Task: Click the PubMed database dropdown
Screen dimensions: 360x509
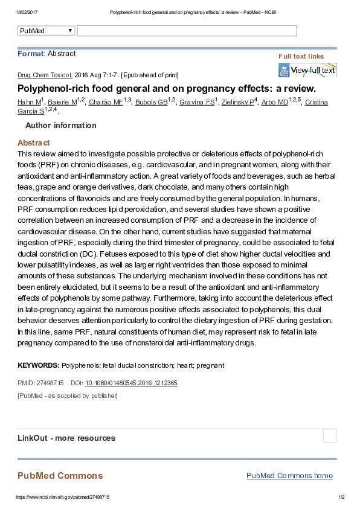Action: coord(47,31)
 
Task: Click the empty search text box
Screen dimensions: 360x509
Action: coord(187,31)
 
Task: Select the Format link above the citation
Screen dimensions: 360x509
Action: coord(30,54)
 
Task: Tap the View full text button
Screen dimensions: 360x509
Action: coord(307,71)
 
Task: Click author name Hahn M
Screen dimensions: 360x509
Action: coord(29,102)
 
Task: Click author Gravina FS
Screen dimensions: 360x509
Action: coord(196,102)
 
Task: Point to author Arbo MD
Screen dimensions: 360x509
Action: coord(274,102)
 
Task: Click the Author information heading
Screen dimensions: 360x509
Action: coord(60,126)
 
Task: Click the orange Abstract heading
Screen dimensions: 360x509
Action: coord(33,143)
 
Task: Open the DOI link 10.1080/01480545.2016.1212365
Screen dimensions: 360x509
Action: coord(131,383)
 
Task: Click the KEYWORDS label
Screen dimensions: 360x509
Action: coord(38,365)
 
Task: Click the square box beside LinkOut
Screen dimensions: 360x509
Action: coord(330,436)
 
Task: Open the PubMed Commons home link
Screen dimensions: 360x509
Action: coord(289,476)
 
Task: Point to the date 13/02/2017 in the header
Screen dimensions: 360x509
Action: coord(27,12)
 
